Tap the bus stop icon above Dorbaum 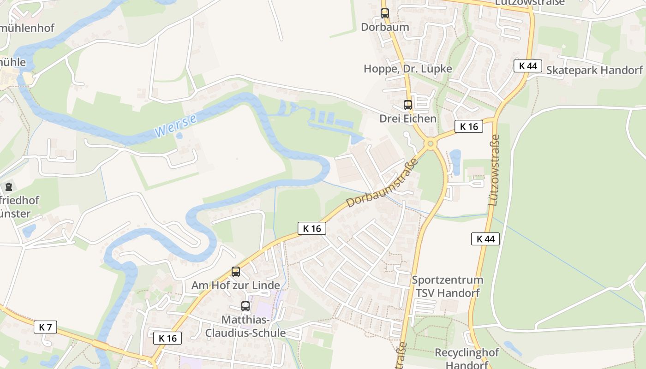coord(385,13)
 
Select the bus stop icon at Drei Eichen coord(408,105)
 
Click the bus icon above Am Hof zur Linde coord(236,272)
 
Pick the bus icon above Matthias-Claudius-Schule coord(245,306)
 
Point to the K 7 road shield coord(45,327)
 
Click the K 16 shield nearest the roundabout coord(469,126)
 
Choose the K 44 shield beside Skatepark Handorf coord(528,65)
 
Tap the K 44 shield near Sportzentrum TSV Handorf coord(485,239)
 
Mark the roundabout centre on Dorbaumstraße coord(431,144)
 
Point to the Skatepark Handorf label coord(594,70)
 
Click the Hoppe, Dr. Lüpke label coord(408,69)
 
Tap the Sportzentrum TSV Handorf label coord(448,286)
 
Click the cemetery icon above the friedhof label coord(8,187)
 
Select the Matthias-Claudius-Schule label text coord(245,326)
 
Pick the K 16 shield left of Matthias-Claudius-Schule coord(167,338)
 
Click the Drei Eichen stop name coord(408,119)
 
